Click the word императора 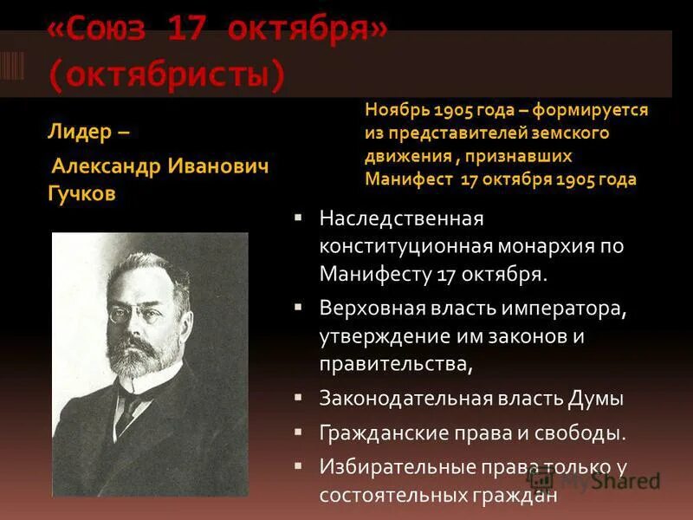569,308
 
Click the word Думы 596,399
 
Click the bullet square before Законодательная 298,398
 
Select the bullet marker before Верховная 298,308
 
